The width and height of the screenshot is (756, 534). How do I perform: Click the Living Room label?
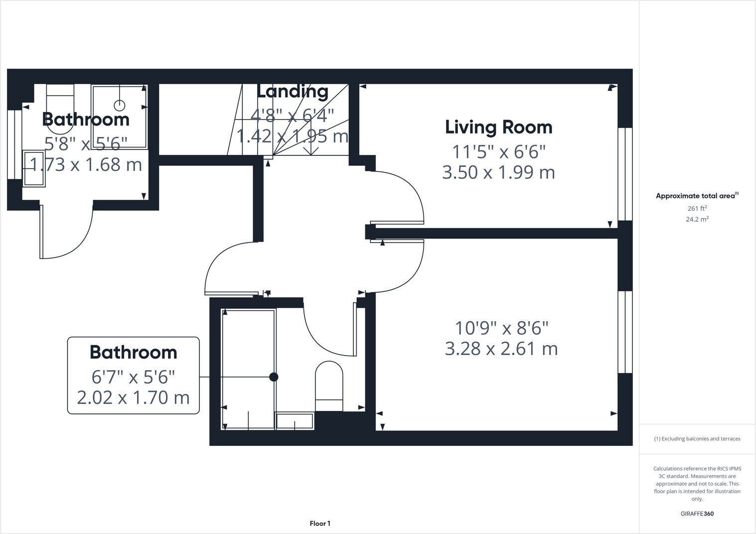click(498, 128)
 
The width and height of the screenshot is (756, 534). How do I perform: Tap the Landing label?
click(293, 91)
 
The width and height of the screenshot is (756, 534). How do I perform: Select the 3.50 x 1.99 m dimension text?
click(498, 172)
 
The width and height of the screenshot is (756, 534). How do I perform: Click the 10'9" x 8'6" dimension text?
click(501, 328)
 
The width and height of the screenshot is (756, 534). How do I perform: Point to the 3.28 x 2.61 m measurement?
click(501, 349)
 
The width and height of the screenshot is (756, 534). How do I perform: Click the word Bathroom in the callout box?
click(133, 352)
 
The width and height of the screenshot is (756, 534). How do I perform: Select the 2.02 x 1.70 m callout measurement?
click(133, 398)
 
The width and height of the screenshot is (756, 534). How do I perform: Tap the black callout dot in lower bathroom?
click(274, 377)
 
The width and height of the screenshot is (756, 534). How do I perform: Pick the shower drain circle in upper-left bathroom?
click(120, 106)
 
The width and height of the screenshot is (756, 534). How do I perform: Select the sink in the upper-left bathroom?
click(34, 169)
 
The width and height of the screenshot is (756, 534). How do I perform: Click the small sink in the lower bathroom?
click(295, 421)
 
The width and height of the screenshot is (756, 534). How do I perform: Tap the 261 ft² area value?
click(697, 209)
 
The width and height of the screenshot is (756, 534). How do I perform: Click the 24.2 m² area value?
click(697, 219)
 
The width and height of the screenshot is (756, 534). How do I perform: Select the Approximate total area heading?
click(696, 196)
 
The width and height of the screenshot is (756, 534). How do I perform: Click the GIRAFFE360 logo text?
click(697, 514)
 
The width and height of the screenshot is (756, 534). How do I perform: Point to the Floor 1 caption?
click(320, 524)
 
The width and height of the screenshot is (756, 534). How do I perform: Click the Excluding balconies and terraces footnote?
click(697, 439)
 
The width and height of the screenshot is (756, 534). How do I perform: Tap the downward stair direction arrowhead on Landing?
click(311, 150)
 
